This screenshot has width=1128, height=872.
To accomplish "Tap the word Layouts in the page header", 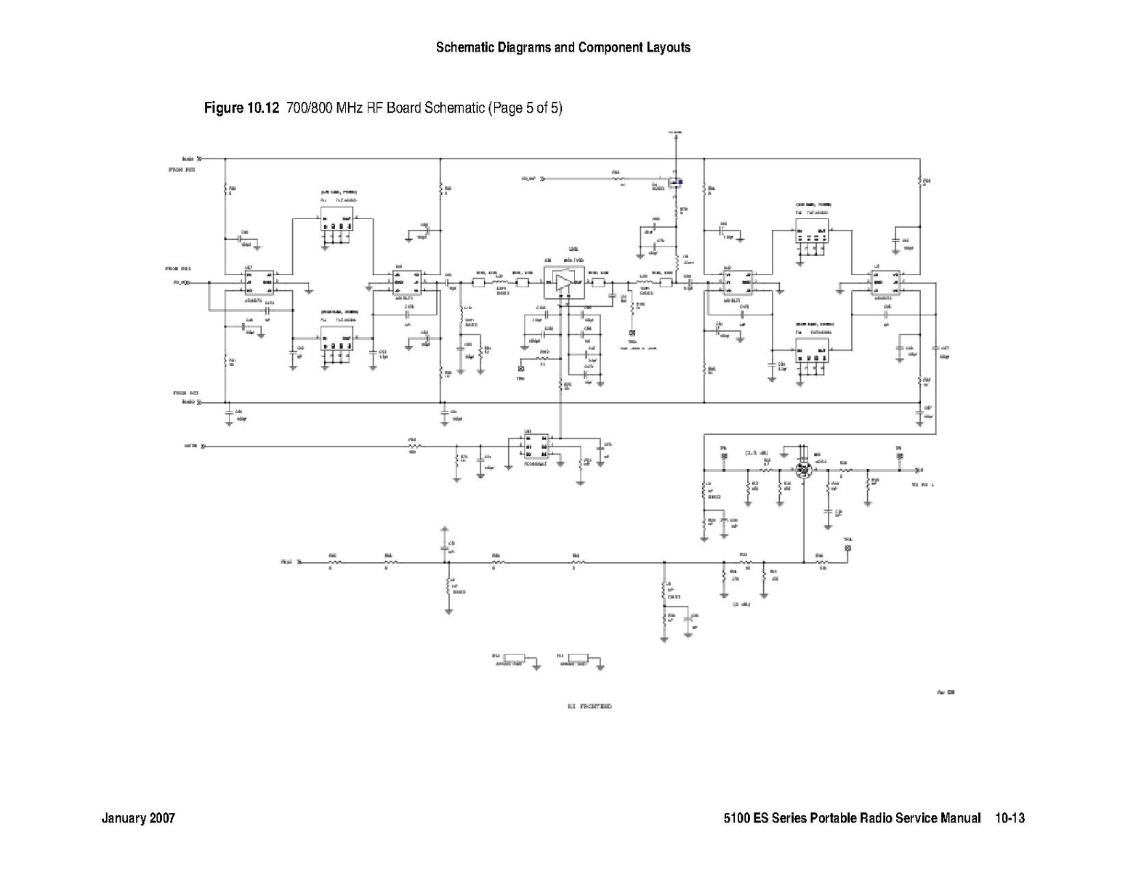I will coord(667,48).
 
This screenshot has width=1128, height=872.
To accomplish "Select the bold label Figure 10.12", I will coord(242,108).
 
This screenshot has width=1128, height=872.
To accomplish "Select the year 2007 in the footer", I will coord(162,818).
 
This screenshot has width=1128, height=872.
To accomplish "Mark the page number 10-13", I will coord(1010,818).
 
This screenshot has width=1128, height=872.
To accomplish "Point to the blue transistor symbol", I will coord(675,182).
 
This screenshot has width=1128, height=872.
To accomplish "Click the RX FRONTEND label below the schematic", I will coord(589,706).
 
